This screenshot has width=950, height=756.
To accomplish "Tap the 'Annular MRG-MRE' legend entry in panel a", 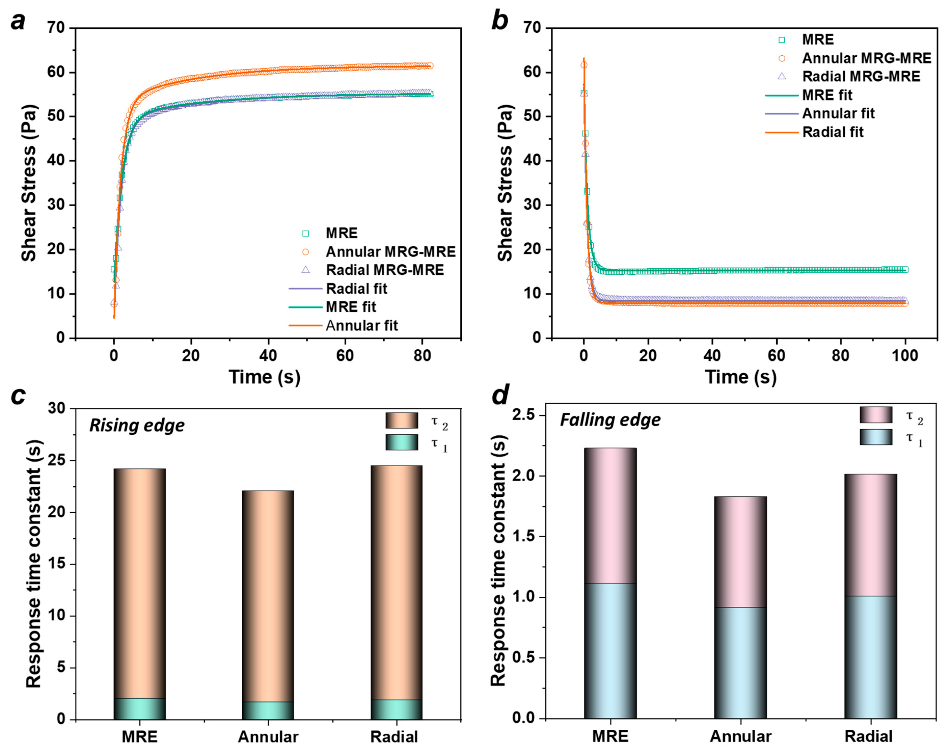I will coord(390,251).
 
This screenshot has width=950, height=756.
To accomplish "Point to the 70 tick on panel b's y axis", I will coord(532,28).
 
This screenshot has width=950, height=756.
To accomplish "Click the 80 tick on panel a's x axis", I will coord(422,355).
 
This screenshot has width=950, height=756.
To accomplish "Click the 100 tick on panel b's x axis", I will coord(905,355).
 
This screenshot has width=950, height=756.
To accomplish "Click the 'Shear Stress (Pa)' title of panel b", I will coord(505,183).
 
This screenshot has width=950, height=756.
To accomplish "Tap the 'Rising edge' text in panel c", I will coord(137,426).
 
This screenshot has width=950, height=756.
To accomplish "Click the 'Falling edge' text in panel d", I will coord(610,420).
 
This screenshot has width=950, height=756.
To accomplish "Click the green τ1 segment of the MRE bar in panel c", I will coord(140,708).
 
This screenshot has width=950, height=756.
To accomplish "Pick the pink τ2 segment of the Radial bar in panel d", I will coord(870,535).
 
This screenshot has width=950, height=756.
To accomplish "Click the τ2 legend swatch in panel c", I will coord(401,420).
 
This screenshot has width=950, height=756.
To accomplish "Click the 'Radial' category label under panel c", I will coord(394,737).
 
